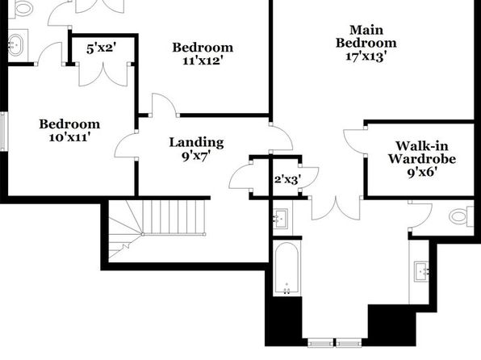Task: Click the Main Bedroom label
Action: (x=366, y=36)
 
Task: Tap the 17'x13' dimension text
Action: (x=366, y=57)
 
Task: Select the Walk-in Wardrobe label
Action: (x=422, y=153)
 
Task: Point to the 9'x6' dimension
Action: (x=422, y=173)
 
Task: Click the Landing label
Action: (x=196, y=143)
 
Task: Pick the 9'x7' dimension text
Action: (x=196, y=157)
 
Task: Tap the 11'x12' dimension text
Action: (x=202, y=61)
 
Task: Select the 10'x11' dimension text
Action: (x=69, y=137)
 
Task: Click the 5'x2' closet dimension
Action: (x=101, y=48)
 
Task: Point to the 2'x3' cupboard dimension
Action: (x=287, y=179)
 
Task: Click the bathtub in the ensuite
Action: (x=287, y=268)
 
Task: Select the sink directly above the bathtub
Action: (x=281, y=218)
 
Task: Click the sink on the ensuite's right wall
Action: (x=422, y=271)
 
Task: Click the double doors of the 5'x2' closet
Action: (x=103, y=75)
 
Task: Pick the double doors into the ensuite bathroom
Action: (x=336, y=208)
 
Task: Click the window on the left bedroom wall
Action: (x=3, y=132)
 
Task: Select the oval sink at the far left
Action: (x=15, y=45)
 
